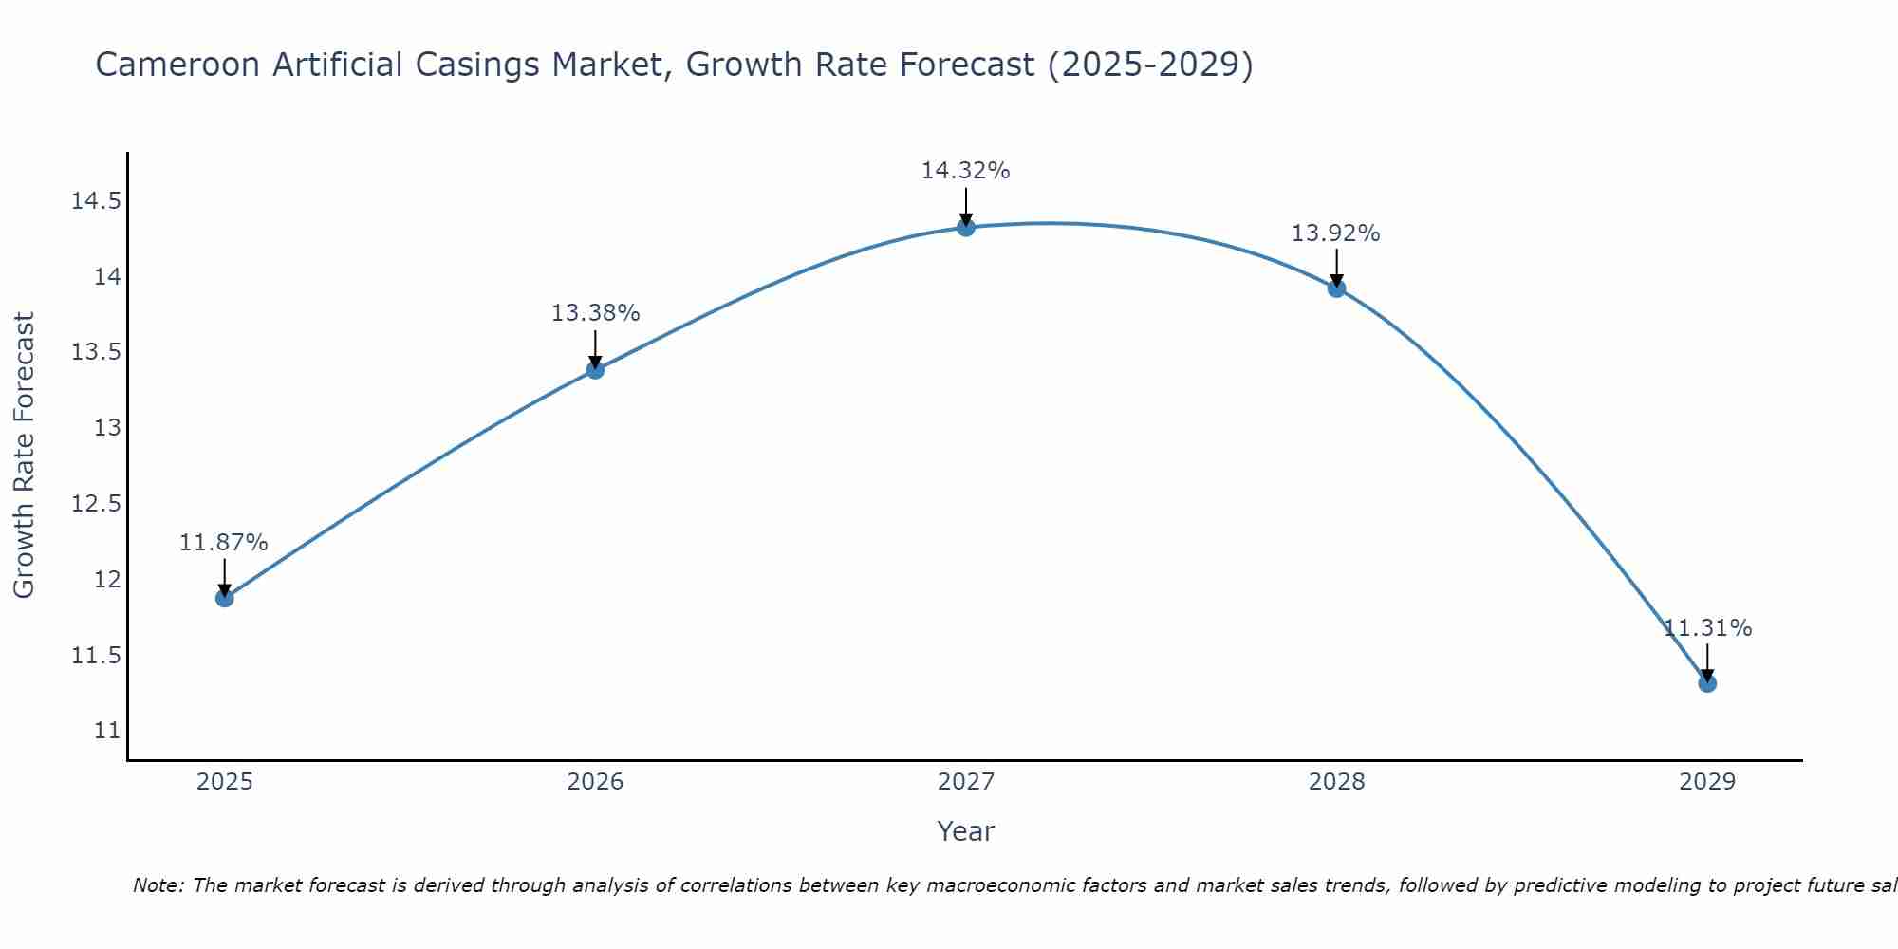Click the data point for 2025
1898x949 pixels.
point(225,598)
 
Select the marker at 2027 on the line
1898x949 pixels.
point(966,227)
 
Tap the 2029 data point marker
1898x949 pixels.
point(1707,683)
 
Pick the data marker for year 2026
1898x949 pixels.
point(595,369)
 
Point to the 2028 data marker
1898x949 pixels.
point(1336,288)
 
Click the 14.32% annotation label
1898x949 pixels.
point(965,171)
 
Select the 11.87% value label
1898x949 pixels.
point(224,543)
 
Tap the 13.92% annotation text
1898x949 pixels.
point(1335,233)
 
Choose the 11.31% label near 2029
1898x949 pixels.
point(1707,628)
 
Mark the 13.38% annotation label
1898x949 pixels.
point(595,313)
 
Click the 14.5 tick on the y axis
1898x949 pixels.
point(96,201)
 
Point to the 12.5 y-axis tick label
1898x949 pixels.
point(96,503)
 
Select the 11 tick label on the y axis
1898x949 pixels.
point(107,731)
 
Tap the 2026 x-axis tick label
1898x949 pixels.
point(595,782)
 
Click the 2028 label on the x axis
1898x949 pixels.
point(1336,782)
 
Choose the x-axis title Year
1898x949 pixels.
point(965,831)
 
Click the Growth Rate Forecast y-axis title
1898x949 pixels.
point(25,456)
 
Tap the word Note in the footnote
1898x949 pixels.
point(158,885)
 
